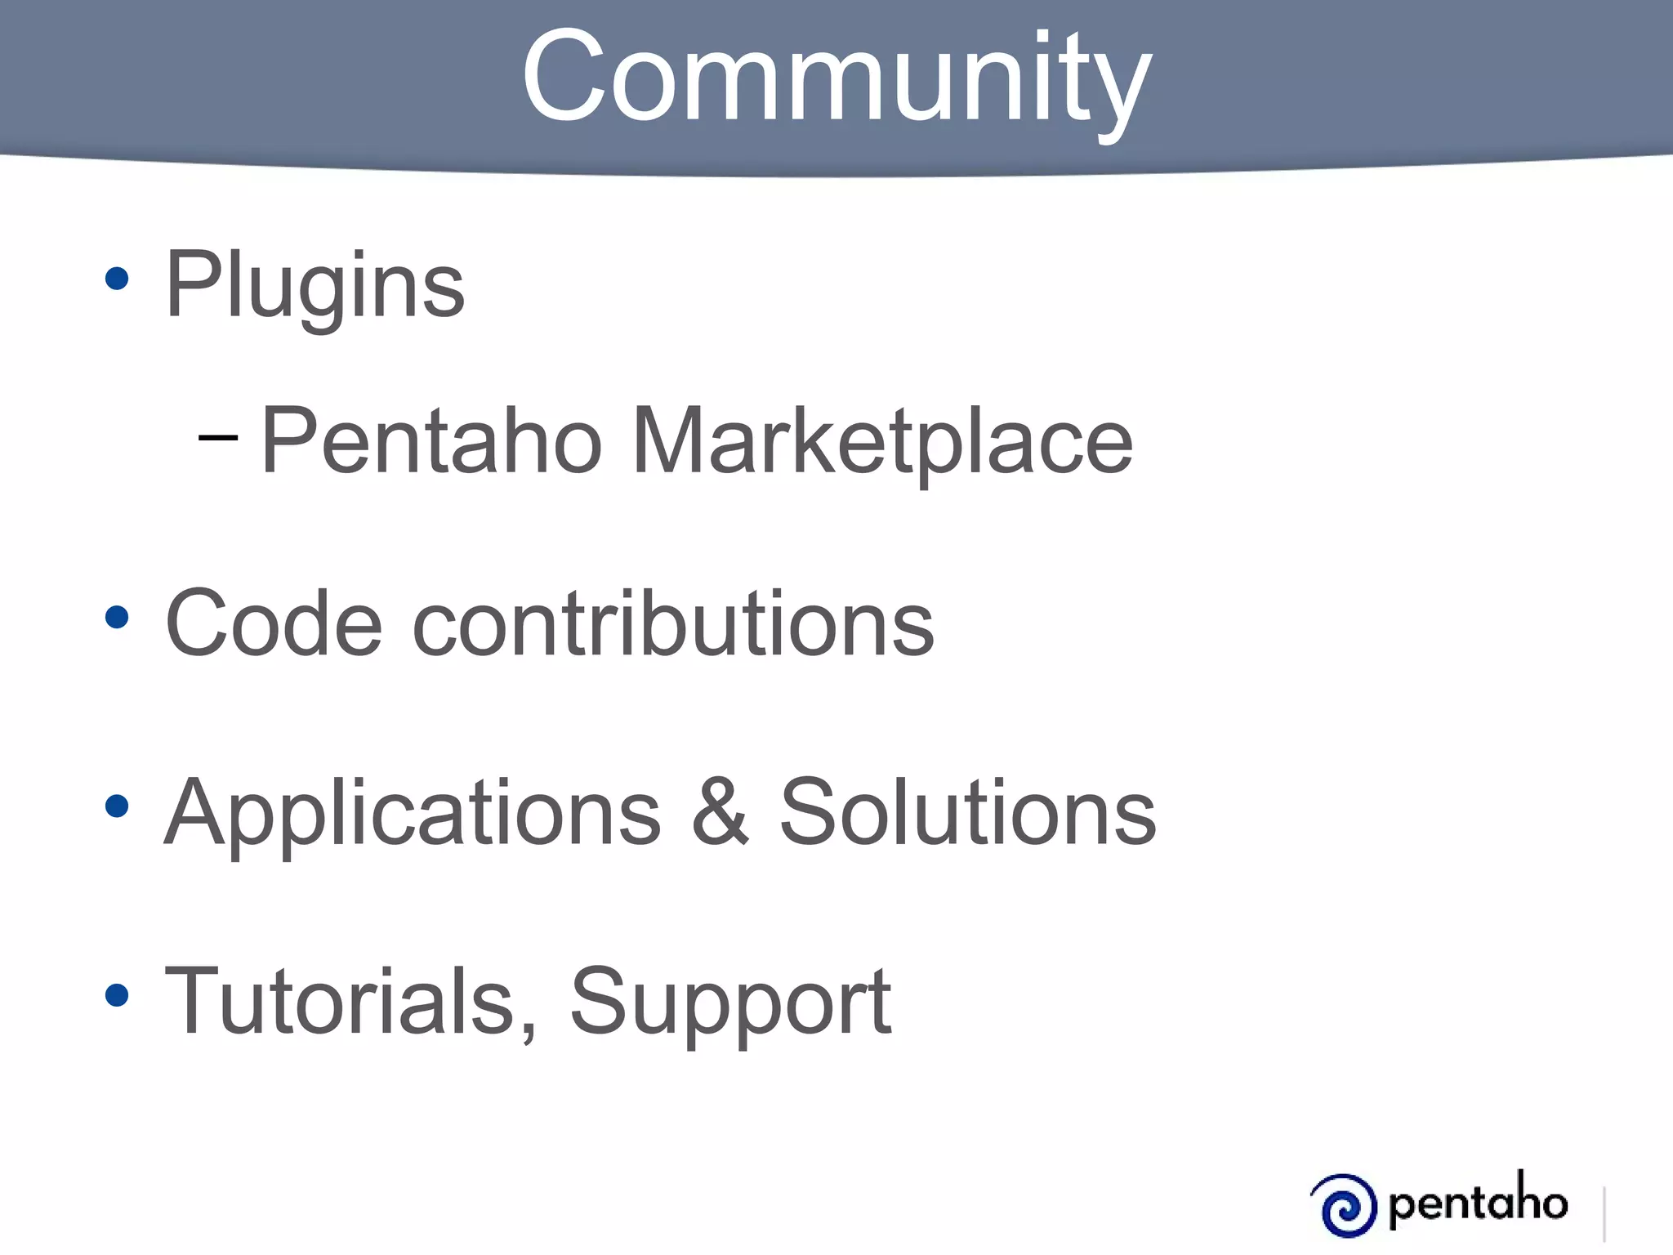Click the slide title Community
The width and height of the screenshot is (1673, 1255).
pyautogui.click(x=836, y=78)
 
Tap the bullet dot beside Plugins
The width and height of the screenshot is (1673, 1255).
pyautogui.click(x=118, y=279)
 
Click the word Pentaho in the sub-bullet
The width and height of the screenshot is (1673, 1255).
pyautogui.click(x=431, y=441)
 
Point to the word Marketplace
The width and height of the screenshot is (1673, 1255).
pyautogui.click(x=882, y=441)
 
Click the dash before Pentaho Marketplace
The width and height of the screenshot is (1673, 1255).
pyautogui.click(x=218, y=438)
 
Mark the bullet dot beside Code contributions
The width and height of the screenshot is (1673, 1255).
pyautogui.click(x=118, y=618)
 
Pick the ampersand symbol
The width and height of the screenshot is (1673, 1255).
pyautogui.click(x=720, y=813)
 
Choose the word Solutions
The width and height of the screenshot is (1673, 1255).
pyautogui.click(x=967, y=813)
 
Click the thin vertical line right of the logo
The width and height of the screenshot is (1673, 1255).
pyautogui.click(x=1605, y=1214)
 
